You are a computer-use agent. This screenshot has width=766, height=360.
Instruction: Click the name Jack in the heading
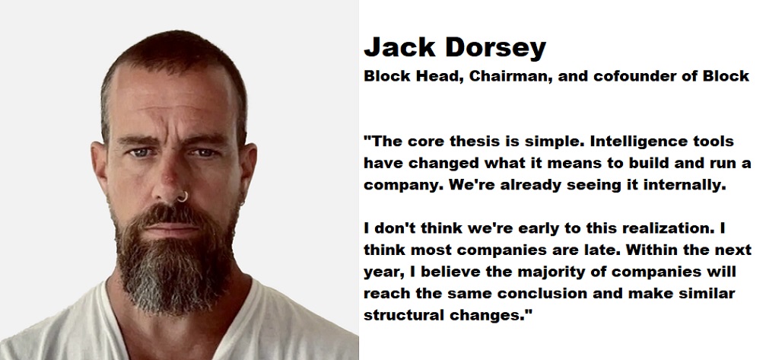click(x=399, y=47)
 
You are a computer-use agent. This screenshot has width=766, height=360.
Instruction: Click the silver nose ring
click(x=183, y=196)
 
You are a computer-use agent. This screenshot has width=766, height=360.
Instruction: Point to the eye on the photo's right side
click(x=205, y=152)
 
